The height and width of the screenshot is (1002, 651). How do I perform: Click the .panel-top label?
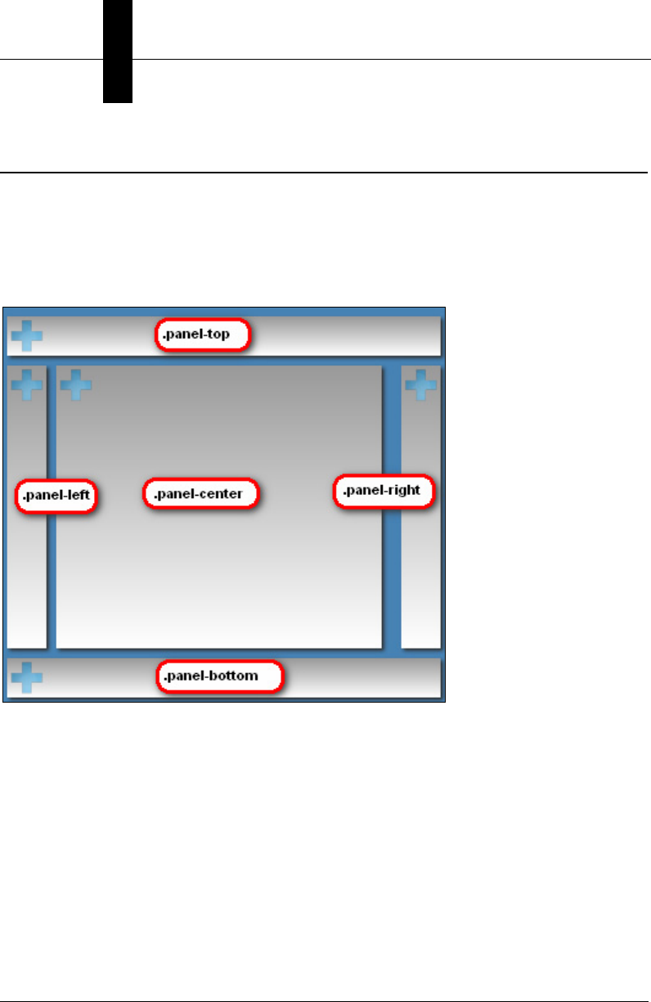(x=202, y=335)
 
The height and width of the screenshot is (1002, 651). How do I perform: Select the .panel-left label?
(x=56, y=496)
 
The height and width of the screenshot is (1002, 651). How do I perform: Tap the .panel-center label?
(x=201, y=493)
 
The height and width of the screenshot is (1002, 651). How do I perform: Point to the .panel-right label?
(x=382, y=492)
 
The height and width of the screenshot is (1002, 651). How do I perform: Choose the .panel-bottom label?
(x=220, y=676)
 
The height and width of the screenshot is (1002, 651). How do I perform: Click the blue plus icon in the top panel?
(x=26, y=335)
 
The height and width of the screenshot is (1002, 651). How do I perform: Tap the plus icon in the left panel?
(x=26, y=384)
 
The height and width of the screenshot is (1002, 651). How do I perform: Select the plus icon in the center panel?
(x=76, y=384)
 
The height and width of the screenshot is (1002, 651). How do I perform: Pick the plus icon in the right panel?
(x=421, y=384)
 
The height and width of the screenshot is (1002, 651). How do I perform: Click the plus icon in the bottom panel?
(x=26, y=677)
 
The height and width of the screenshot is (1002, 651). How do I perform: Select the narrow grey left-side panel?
(x=26, y=573)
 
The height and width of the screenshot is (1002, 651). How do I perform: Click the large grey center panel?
(x=219, y=573)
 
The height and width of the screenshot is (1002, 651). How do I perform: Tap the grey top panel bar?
(x=343, y=335)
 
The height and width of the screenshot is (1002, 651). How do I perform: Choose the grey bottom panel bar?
(x=360, y=677)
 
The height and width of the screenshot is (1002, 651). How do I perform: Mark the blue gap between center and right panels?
(x=392, y=573)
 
